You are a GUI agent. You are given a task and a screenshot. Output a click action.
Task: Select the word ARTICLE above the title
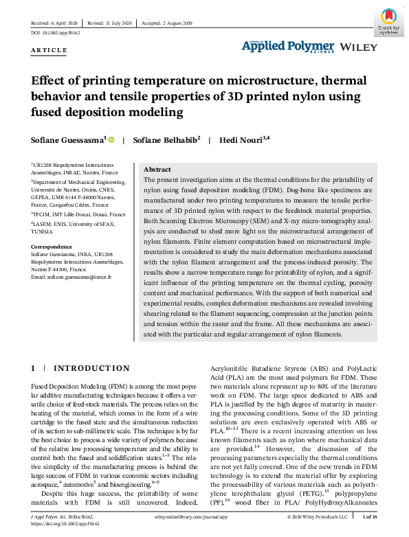tap(49, 50)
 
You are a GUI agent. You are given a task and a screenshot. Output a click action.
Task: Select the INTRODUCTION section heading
tap(91, 369)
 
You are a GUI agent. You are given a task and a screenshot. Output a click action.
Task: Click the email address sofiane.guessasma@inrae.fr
tap(71, 276)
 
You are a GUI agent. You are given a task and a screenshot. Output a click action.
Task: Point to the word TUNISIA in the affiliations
tap(43, 231)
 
